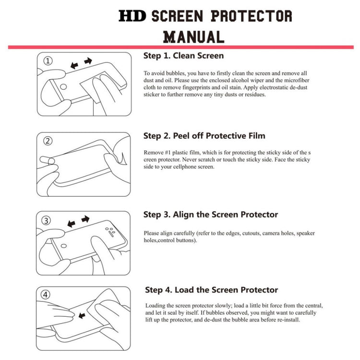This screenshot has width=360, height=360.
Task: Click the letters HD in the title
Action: click(x=133, y=15)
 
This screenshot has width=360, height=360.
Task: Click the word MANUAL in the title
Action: click(x=193, y=36)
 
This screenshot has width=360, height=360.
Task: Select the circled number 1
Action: click(x=48, y=61)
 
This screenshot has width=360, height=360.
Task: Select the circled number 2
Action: click(x=48, y=141)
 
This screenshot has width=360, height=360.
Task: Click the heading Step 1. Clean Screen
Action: click(x=183, y=56)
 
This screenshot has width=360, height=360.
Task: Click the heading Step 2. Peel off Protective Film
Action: click(x=204, y=136)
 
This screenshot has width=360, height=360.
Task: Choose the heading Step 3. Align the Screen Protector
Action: click(x=211, y=215)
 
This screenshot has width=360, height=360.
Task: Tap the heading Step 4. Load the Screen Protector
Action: click(x=212, y=290)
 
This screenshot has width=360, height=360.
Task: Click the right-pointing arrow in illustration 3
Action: click(x=85, y=219)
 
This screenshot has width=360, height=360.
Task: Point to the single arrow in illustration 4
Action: click(x=81, y=315)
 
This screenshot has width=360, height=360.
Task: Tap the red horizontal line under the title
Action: click(x=180, y=47)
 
